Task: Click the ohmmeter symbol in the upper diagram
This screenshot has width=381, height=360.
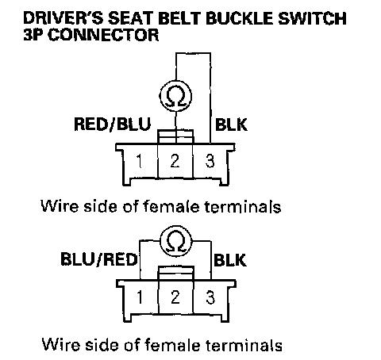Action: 175,96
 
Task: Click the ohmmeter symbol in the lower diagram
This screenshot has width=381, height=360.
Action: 176,241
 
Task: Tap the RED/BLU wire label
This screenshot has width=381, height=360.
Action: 112,124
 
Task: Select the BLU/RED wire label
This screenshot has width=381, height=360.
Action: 99,259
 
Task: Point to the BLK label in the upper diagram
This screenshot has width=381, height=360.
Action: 231,124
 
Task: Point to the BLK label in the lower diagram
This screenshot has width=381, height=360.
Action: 230,260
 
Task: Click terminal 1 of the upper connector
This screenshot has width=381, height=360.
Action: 139,161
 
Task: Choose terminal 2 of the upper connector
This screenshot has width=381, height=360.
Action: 175,161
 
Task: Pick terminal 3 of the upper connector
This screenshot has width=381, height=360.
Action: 210,161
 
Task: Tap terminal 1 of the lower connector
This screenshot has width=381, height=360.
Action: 140,297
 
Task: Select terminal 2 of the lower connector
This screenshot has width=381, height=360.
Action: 175,297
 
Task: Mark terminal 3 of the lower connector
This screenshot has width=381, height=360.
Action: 210,297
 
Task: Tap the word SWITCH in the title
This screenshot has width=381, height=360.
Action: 312,18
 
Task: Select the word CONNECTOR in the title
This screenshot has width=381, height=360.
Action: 103,35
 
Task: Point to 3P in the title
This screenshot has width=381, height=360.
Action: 33,35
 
